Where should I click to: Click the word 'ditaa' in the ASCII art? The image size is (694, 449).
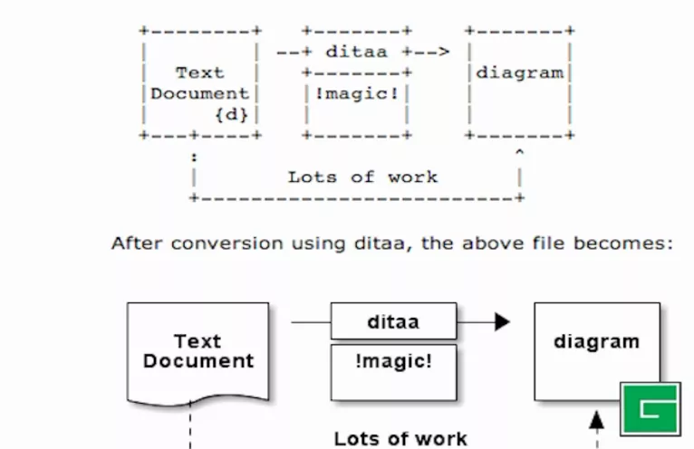point(356,52)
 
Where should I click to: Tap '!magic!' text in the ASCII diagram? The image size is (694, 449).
point(356,93)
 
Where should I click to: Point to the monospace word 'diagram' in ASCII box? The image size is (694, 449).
point(520,73)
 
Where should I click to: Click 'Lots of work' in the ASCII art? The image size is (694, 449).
point(362,177)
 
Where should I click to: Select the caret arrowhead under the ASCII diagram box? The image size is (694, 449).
point(519,153)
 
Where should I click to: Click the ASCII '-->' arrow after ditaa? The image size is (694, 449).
point(432,52)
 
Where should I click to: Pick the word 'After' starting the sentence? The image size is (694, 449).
point(133,244)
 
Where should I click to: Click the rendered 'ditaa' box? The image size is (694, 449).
point(393,321)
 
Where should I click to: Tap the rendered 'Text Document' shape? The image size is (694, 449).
point(198,351)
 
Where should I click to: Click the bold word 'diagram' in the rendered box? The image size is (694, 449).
point(596,342)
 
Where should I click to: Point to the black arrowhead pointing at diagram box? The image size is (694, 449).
point(502,321)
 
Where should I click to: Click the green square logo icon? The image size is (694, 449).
point(650,408)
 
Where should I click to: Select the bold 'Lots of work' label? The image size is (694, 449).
point(400,439)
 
